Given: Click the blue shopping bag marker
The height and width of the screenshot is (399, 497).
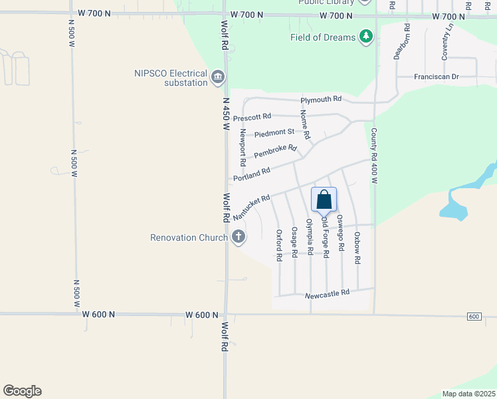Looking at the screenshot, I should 324,199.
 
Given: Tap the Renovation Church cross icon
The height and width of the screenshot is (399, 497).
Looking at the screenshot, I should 239,237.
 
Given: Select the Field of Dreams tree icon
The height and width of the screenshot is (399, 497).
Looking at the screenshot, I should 366,37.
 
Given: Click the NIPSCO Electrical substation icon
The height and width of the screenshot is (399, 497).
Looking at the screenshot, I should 217,78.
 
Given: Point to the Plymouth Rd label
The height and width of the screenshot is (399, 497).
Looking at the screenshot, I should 320,99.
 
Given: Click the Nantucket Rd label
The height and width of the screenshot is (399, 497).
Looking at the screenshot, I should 251,207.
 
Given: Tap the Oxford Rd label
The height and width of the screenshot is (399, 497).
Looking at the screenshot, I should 279,245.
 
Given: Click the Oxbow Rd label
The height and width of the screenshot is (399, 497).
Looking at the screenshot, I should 357,249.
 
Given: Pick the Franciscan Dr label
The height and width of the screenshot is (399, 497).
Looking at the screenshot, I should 437,76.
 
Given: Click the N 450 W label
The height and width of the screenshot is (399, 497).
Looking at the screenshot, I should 226,114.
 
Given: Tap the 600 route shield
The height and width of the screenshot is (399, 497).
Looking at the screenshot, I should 473,316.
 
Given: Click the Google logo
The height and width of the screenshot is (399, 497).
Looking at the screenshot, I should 22,391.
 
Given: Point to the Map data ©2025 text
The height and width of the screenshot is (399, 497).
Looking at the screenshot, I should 468,394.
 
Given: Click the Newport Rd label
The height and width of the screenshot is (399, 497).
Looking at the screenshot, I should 243,148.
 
